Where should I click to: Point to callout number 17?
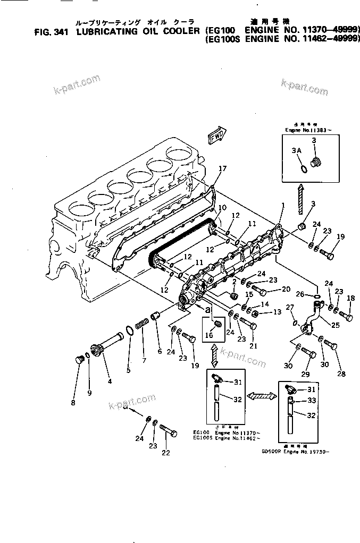pos(222,168)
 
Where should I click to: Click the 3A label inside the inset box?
pos(298,150)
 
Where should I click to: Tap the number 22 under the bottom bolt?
pos(166,453)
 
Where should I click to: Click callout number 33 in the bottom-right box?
pos(312,401)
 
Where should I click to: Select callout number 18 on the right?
pos(350,299)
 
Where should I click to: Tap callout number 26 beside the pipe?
pos(300,294)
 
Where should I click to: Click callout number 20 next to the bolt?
pos(286,289)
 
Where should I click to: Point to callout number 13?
pos(277,313)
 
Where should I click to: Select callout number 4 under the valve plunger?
pos(109,380)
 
